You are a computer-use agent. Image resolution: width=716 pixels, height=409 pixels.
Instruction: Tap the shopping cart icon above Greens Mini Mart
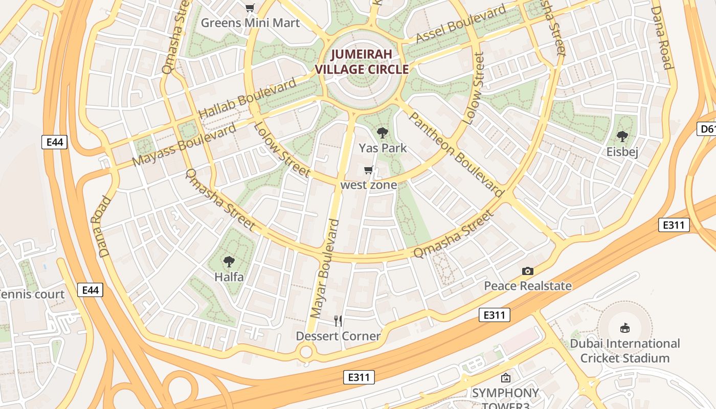click(250, 7)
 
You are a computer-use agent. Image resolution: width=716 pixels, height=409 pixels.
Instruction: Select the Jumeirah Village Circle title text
click(362, 62)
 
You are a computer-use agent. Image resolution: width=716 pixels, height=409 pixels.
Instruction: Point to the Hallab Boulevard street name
click(247, 98)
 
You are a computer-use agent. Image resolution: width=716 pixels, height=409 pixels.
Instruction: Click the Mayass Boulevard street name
click(184, 145)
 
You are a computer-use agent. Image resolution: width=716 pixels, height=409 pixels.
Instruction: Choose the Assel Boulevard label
click(461, 24)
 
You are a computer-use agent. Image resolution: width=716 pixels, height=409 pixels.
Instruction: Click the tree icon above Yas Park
click(382, 133)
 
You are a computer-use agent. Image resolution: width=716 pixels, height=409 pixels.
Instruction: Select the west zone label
click(369, 185)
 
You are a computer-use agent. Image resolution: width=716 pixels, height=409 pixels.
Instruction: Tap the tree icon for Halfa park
click(229, 262)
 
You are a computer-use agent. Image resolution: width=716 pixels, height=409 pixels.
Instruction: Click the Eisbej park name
click(622, 152)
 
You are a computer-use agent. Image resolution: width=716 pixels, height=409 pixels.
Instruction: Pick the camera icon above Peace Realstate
click(528, 271)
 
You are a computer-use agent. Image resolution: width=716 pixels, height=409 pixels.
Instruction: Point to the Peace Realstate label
click(528, 286)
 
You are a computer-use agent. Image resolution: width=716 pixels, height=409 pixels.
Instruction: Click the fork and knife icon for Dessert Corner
click(338, 321)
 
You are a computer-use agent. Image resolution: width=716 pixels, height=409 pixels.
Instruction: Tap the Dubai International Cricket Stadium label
click(625, 351)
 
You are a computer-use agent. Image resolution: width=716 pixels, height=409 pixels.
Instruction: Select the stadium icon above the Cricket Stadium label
click(624, 328)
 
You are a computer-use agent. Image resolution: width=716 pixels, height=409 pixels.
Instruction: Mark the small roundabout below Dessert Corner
click(306, 352)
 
